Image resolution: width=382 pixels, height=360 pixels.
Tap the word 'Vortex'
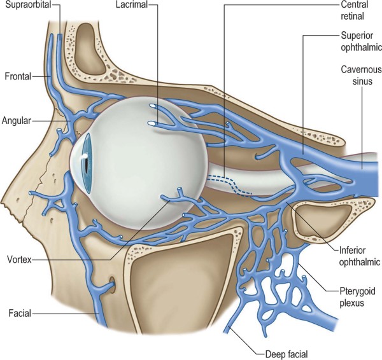pos(20,260)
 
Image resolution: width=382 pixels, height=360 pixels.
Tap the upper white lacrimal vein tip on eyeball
pos(153,105)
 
